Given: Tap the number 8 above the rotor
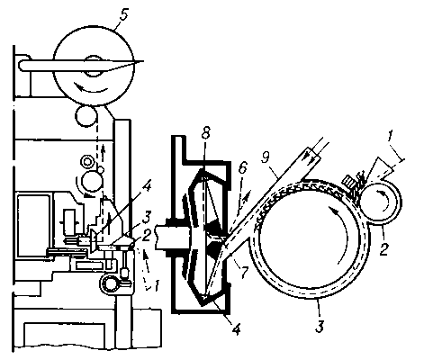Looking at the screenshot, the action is pyautogui.click(x=205, y=133).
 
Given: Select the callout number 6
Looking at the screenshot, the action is pyautogui.click(x=242, y=168).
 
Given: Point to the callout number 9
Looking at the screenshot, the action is pyautogui.click(x=266, y=157).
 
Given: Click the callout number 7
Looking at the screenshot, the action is pyautogui.click(x=244, y=271).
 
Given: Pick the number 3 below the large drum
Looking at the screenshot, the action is pyautogui.click(x=320, y=326).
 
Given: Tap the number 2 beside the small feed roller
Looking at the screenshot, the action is pyautogui.click(x=385, y=248).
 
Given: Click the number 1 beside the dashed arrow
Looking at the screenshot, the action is pyautogui.click(x=156, y=285).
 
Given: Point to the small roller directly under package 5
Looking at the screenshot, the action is pyautogui.click(x=86, y=115).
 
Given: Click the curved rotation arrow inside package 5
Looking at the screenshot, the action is pyautogui.click(x=91, y=88).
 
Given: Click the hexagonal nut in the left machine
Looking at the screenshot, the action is pyautogui.click(x=87, y=162).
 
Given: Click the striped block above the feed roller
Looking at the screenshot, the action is pyautogui.click(x=348, y=182).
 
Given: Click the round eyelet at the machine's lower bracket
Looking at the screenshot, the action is pyautogui.click(x=109, y=283).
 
